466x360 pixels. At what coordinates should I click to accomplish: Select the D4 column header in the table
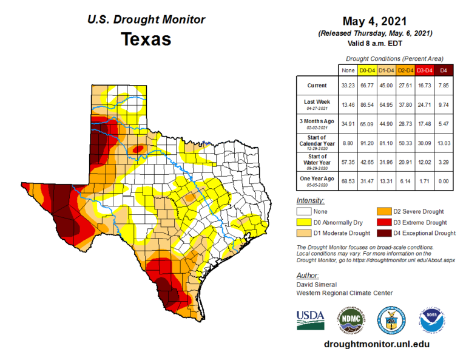444,70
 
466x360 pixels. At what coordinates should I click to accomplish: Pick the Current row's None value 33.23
348,86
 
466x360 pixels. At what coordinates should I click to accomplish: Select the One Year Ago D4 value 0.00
444,181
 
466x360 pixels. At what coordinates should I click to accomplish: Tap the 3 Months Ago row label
317,124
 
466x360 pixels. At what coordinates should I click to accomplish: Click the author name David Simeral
317,284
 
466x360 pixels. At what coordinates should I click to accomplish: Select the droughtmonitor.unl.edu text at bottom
377,344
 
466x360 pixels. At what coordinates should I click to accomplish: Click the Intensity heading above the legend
310,200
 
